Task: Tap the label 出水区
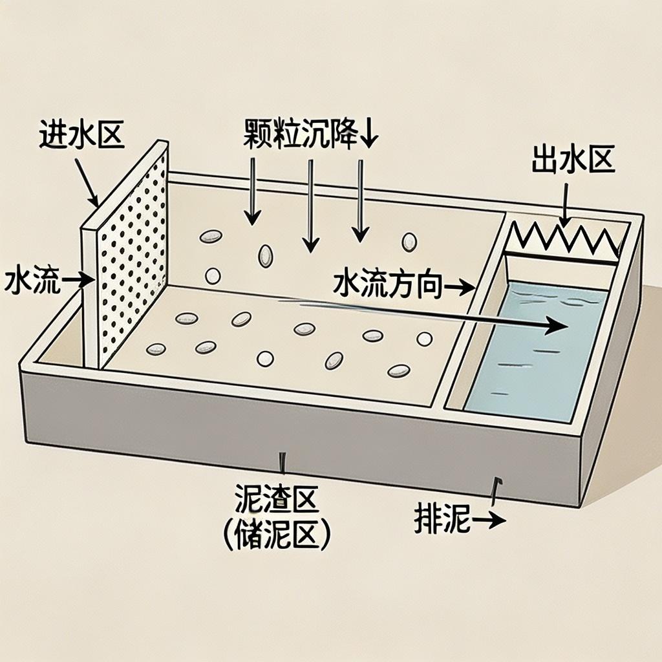pos(573,160)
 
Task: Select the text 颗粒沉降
pos(301,133)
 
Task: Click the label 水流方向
pos(388,285)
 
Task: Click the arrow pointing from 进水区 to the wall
pos(87,181)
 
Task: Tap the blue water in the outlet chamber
pos(530,362)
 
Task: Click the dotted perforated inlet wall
pos(133,259)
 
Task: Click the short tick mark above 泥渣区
pos(282,463)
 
